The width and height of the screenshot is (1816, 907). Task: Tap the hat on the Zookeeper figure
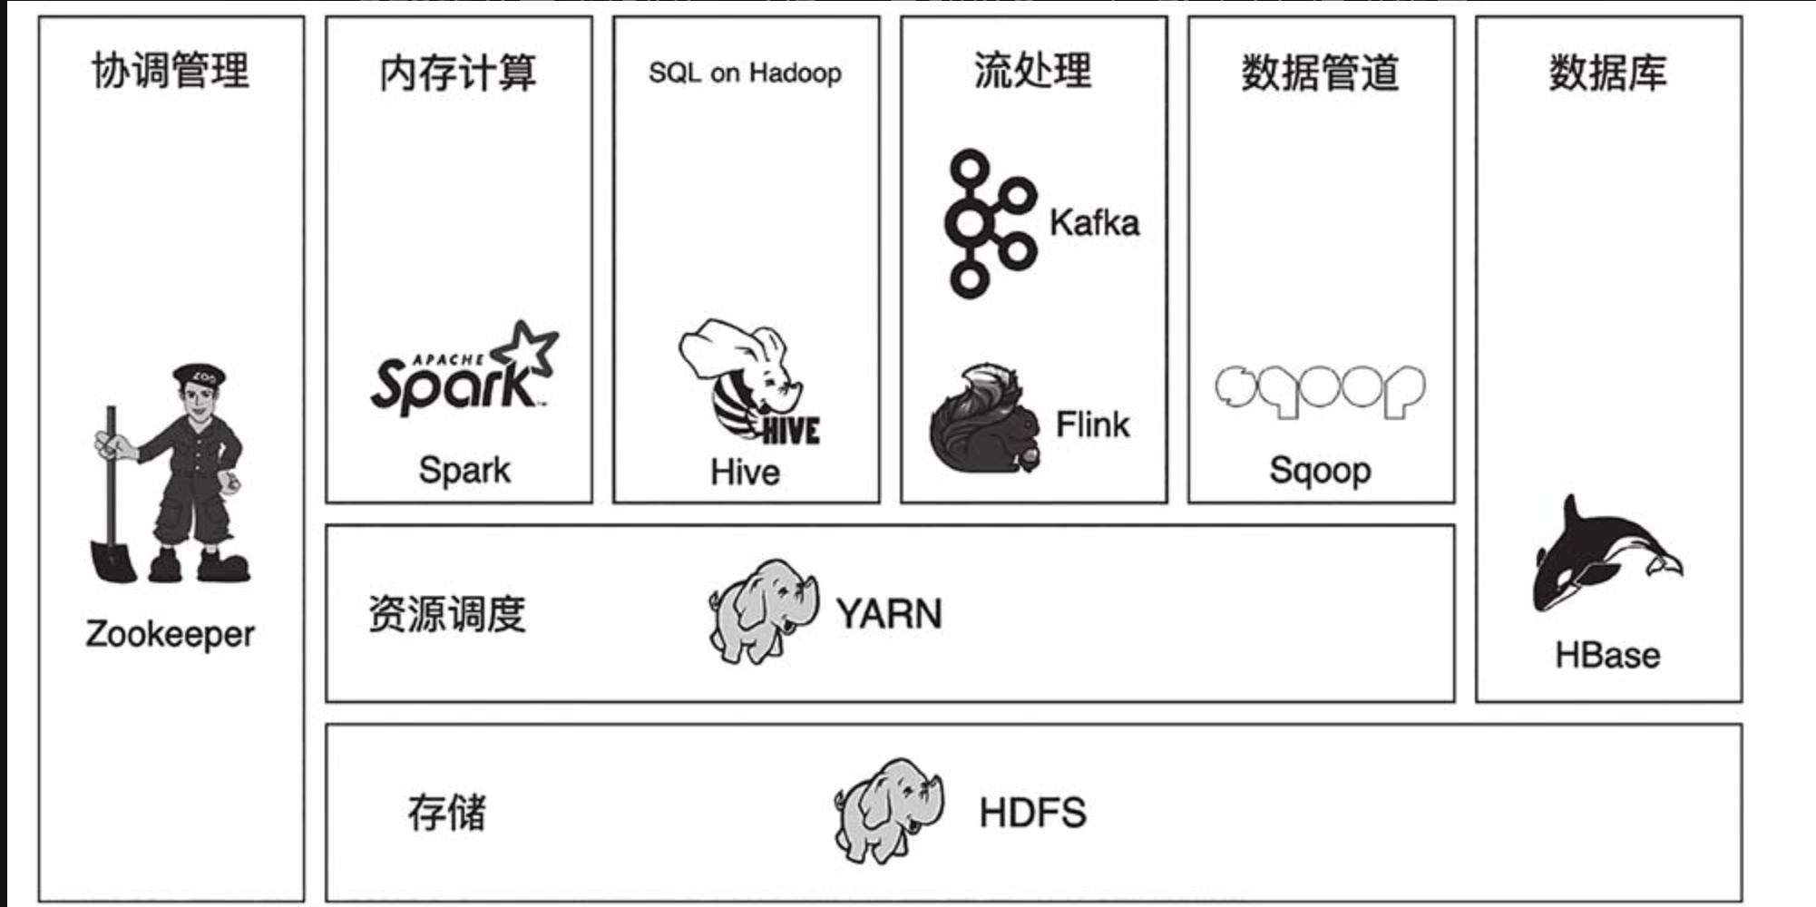click(200, 374)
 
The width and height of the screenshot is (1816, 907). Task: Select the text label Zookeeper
click(171, 634)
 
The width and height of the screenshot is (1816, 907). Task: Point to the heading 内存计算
click(458, 73)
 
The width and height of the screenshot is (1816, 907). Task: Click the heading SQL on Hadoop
click(745, 73)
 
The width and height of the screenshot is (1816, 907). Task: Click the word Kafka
click(1094, 223)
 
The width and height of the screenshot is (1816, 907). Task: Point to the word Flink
click(1093, 424)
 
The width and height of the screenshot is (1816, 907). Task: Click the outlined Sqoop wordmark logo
click(1320, 391)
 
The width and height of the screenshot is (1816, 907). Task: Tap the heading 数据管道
click(1320, 73)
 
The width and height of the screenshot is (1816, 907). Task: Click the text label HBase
click(1607, 655)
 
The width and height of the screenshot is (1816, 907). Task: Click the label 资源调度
click(446, 614)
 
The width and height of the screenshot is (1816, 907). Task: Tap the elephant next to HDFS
click(886, 809)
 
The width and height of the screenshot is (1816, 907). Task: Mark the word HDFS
click(1032, 813)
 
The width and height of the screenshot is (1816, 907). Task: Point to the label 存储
click(446, 812)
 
